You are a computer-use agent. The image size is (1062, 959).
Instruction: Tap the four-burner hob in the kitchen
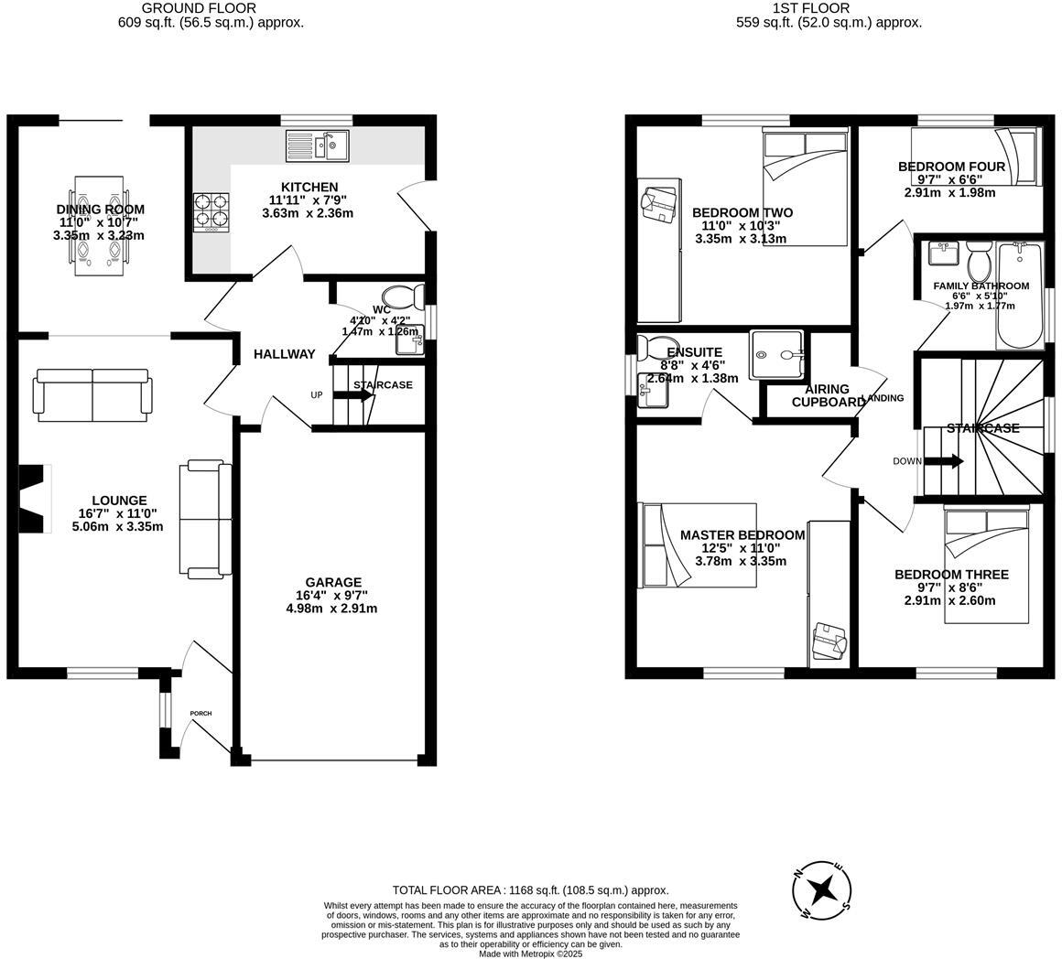(211, 211)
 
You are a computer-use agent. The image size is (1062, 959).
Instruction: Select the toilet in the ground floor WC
(402, 296)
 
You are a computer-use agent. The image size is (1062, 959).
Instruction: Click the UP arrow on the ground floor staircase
(352, 395)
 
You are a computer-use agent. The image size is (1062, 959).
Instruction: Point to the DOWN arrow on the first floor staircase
(944, 461)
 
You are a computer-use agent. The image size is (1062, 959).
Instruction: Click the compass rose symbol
(822, 889)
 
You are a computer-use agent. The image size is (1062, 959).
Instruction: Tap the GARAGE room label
(333, 582)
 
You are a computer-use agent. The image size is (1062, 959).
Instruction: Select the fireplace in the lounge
(34, 499)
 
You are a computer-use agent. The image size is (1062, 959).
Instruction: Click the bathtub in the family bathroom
(1019, 296)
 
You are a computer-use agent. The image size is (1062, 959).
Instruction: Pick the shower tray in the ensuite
(779, 354)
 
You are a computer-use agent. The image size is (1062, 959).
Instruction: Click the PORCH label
(200, 714)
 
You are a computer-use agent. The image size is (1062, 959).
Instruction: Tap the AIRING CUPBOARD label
(828, 395)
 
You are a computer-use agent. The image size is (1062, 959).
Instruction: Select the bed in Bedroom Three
(987, 567)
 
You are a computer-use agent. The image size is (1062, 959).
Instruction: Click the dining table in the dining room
(99, 224)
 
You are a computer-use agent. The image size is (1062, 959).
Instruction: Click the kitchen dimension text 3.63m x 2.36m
(309, 213)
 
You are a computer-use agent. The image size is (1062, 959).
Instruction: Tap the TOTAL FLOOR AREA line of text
(530, 889)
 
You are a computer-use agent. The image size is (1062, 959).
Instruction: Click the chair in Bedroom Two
(659, 203)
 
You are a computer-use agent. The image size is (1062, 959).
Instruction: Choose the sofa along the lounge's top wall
(92, 394)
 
